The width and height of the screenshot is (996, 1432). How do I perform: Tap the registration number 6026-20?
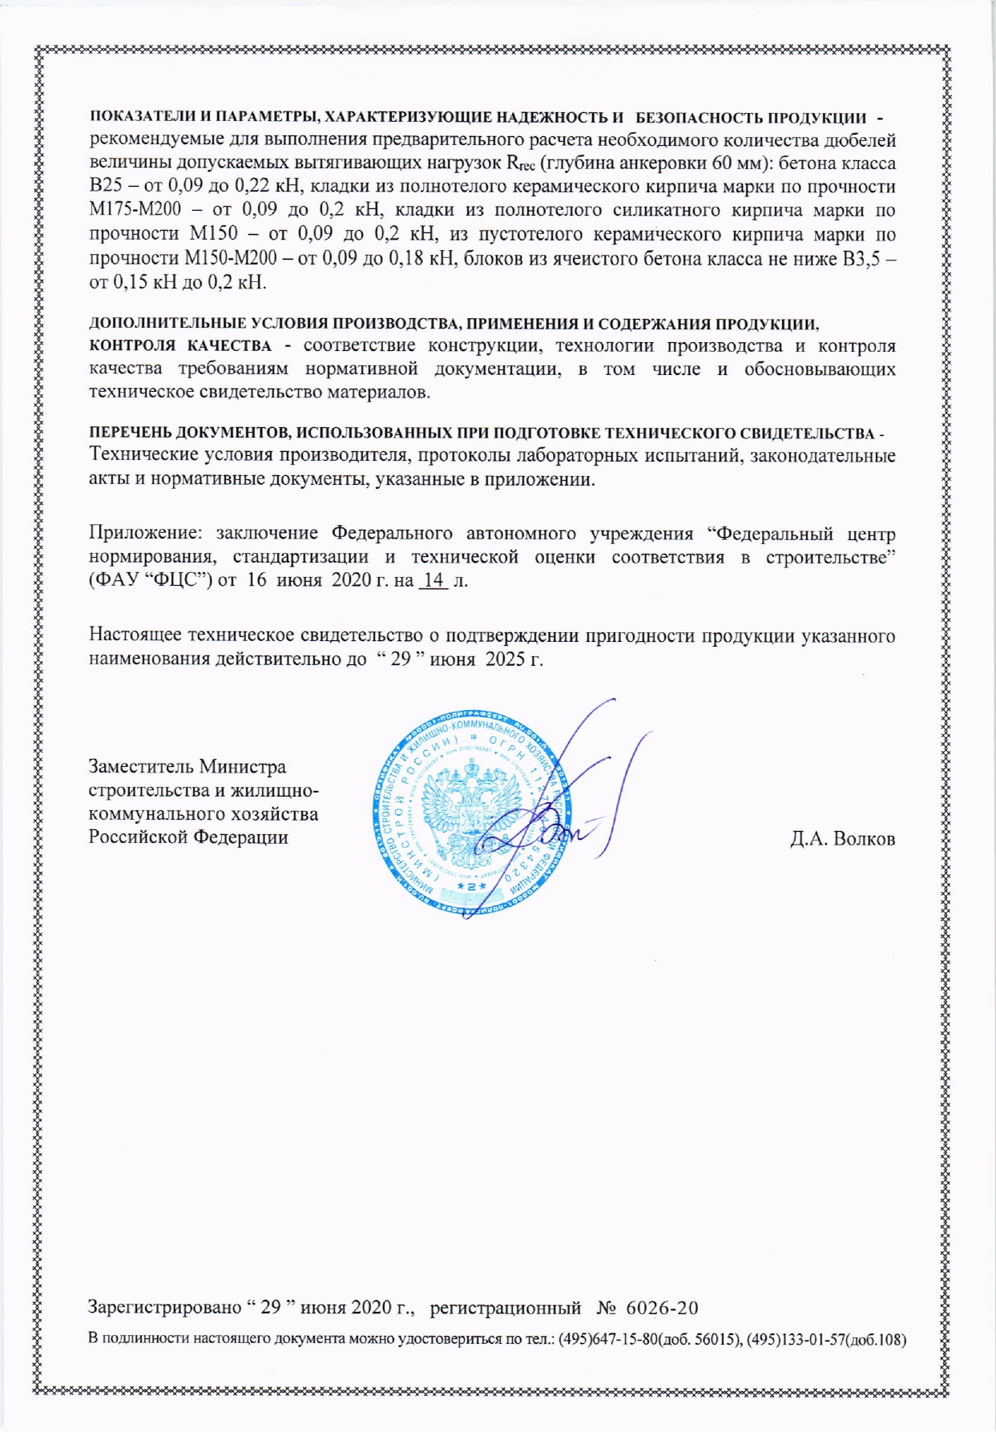[662, 1308]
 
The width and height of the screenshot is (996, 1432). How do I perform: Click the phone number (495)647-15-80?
[608, 1339]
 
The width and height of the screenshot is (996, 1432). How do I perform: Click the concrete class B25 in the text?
[105, 188]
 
